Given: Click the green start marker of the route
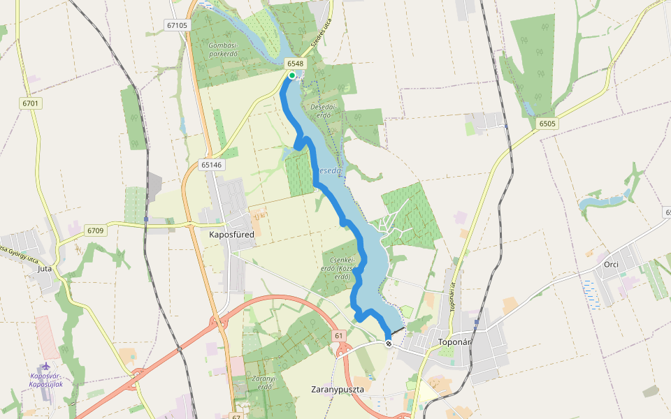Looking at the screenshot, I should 292,75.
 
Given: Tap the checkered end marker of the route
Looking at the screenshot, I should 389,344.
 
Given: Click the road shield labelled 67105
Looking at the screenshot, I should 178,25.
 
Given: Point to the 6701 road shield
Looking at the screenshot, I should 31,103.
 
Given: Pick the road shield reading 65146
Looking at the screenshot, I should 210,165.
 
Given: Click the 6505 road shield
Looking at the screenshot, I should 547,124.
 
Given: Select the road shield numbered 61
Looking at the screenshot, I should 340,336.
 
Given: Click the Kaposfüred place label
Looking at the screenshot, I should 231,235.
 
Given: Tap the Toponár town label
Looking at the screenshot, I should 456,343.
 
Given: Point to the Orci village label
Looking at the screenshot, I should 612,265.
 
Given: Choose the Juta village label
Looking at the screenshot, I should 45,267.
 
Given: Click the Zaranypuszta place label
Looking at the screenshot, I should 338,389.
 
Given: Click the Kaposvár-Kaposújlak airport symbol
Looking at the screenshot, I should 46,366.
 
